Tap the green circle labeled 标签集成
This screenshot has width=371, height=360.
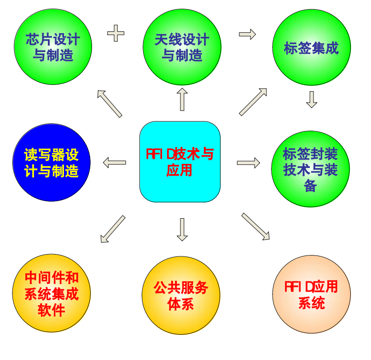click(312, 47)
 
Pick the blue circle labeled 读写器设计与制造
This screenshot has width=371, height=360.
click(52, 162)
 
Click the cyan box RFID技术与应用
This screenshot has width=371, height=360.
click(180, 162)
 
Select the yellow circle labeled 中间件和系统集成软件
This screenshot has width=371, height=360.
click(52, 293)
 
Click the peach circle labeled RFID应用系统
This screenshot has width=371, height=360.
click(312, 295)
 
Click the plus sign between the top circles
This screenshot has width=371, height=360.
click(116, 33)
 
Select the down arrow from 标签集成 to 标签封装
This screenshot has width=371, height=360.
click(312, 99)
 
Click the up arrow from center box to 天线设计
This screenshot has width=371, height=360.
click(182, 99)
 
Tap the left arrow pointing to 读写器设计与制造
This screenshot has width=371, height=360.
click(114, 162)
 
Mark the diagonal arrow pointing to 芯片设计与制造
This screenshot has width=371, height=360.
click(110, 103)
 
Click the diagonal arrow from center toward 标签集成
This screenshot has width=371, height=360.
click(253, 102)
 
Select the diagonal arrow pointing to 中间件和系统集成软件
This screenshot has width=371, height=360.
click(112, 229)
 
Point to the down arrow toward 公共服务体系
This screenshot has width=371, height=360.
click(182, 229)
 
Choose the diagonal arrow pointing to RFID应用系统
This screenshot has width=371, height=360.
click(256, 226)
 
